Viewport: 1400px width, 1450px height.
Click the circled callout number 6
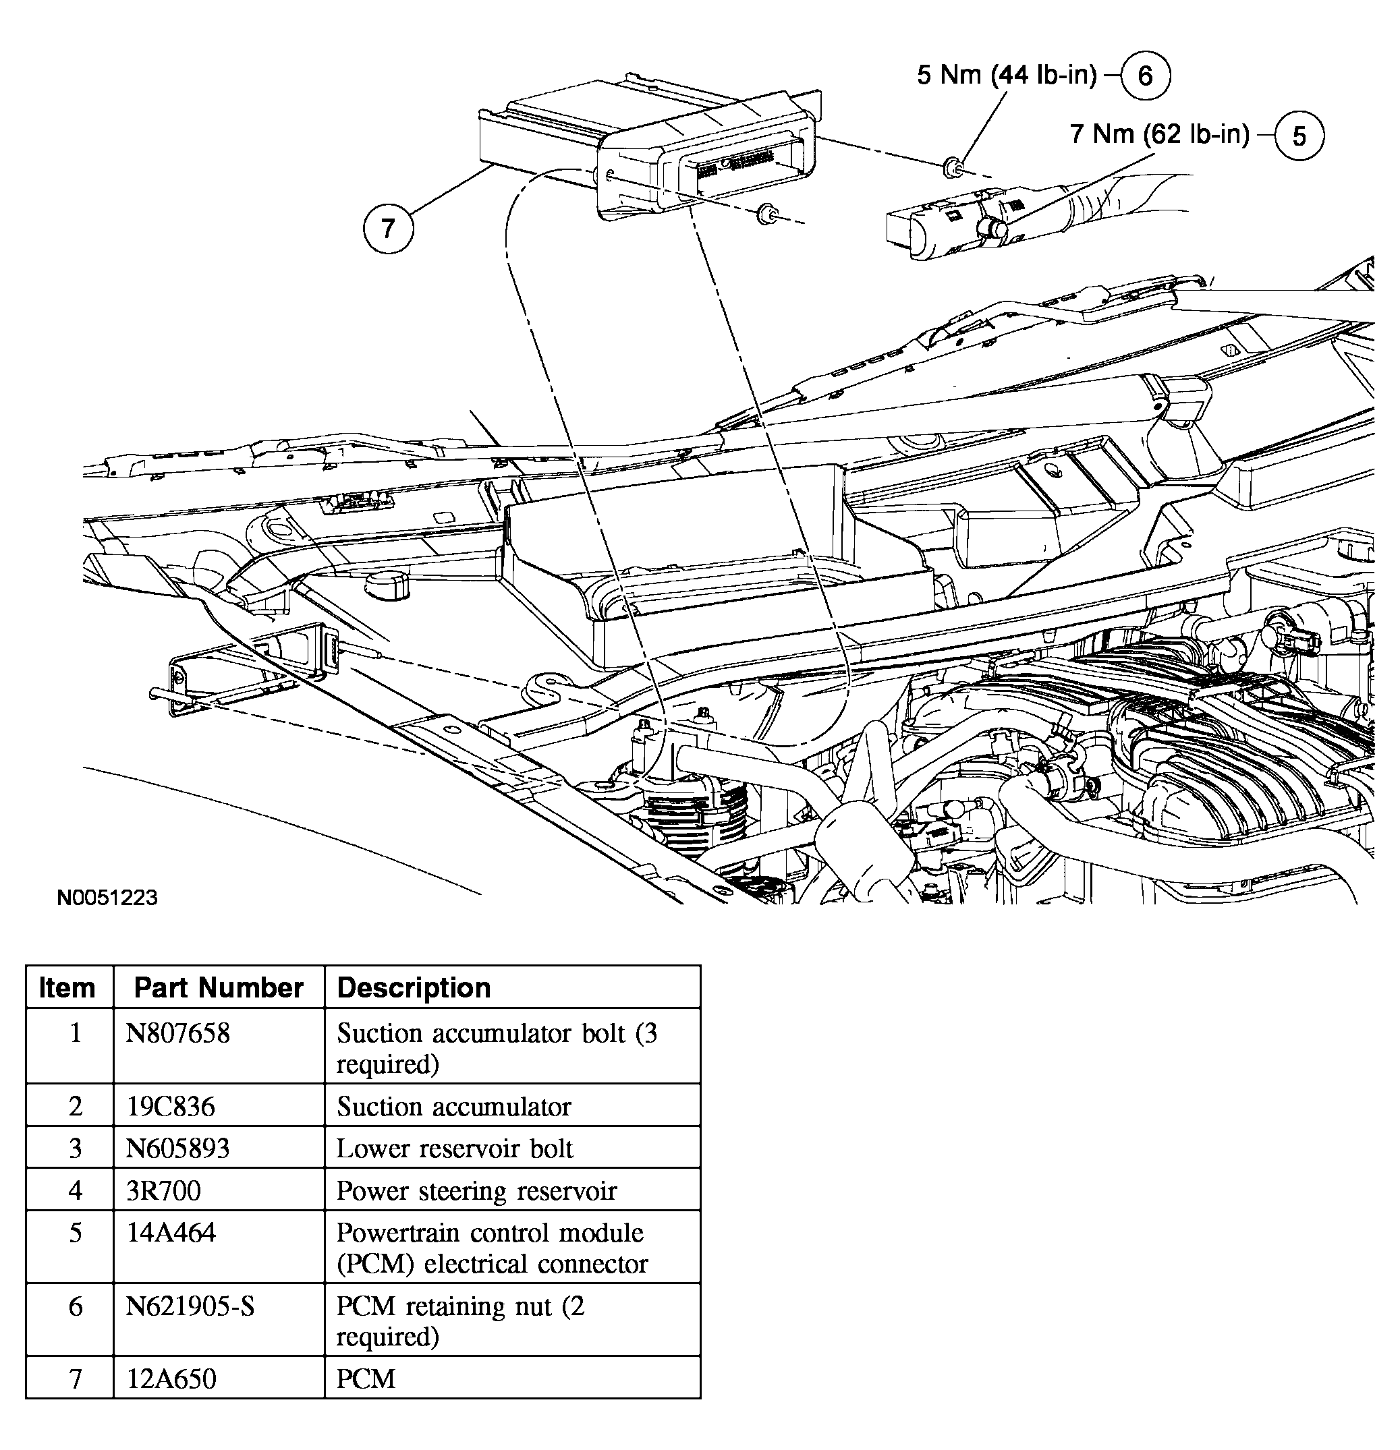pyautogui.click(x=1145, y=76)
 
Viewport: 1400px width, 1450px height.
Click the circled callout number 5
pyautogui.click(x=1299, y=136)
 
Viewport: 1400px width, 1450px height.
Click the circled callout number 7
pyautogui.click(x=388, y=229)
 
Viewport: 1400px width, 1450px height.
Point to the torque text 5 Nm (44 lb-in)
pyautogui.click(x=1007, y=75)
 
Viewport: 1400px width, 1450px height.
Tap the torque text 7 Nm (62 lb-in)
pyautogui.click(x=1160, y=134)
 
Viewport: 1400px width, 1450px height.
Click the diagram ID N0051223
pyautogui.click(x=107, y=898)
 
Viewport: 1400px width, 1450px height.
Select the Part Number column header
pyautogui.click(x=219, y=987)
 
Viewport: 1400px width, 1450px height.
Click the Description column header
pyautogui.click(x=414, y=987)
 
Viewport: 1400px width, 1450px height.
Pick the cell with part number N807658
pyautogui.click(x=177, y=1033)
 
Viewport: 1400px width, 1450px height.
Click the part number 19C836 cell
pyautogui.click(x=170, y=1106)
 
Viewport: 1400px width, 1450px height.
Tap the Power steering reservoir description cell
pyautogui.click(x=476, y=1190)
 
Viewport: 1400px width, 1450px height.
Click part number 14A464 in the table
pyautogui.click(x=171, y=1233)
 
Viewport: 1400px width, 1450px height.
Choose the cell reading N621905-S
pyautogui.click(x=190, y=1306)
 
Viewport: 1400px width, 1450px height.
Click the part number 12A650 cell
pyautogui.click(x=171, y=1379)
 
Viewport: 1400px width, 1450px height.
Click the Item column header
pyautogui.click(x=67, y=987)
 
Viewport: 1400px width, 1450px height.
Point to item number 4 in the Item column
pyautogui.click(x=75, y=1190)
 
